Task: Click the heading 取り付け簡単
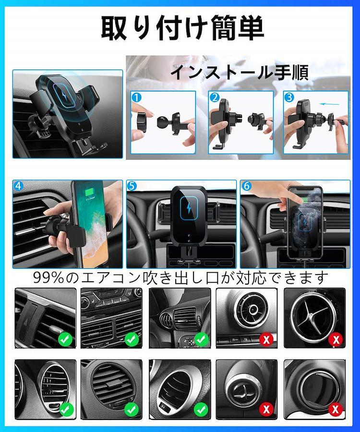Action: pos(182,28)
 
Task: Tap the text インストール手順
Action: pos(240,72)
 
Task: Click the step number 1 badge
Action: pos(136,97)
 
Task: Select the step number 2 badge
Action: pos(214,97)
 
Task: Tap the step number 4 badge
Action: pos(18,186)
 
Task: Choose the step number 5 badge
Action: pos(132,186)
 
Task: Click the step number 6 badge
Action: pos(246,186)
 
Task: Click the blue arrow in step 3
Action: pos(329,104)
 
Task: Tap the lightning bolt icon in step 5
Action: pos(189,208)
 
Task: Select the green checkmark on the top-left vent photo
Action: pos(65,339)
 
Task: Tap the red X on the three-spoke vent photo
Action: pos(336,339)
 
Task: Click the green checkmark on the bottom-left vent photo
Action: pos(66,409)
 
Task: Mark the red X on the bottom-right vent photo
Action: pos(336,409)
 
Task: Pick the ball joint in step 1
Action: pos(163,122)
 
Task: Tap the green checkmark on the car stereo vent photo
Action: pos(132,339)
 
